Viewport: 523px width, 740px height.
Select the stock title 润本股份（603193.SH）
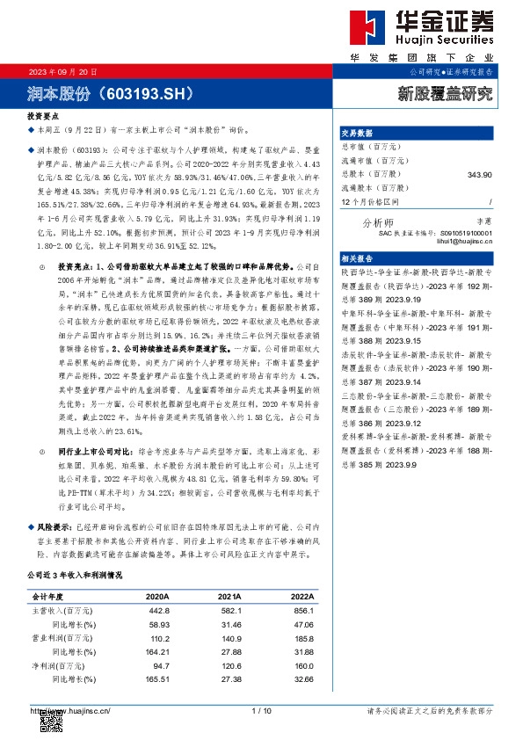pyautogui.click(x=107, y=91)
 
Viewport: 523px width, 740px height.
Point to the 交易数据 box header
pyautogui.click(x=357, y=134)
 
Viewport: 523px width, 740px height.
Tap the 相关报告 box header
pyautogui.click(x=357, y=259)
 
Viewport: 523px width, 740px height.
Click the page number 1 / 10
pyautogui.click(x=261, y=710)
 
